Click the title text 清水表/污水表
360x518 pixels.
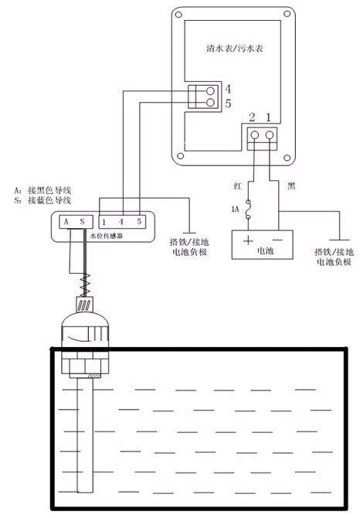pos(235,49)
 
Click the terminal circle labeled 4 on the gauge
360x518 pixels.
pos(210,91)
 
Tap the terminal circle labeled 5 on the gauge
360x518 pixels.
pos(210,103)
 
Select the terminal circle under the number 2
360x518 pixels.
pos(254,135)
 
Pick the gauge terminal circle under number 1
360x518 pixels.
pos(270,135)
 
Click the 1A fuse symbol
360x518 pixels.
pos(248,209)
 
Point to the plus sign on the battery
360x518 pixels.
pos(247,240)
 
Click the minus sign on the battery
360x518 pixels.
pos(277,240)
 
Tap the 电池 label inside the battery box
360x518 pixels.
pos(265,251)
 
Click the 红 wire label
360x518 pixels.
pos(237,186)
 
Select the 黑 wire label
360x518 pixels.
pos(291,186)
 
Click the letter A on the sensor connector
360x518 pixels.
pos(66,222)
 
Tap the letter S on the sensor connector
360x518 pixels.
pos(82,222)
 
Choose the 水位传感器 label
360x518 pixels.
pos(107,237)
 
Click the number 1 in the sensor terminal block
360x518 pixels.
pos(104,223)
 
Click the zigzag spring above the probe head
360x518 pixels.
pos(85,285)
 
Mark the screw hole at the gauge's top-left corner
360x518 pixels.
pos(178,15)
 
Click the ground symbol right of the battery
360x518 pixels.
pos(340,240)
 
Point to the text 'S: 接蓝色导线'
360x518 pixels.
pos(42,200)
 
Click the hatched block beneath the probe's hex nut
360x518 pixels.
pos(94,376)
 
